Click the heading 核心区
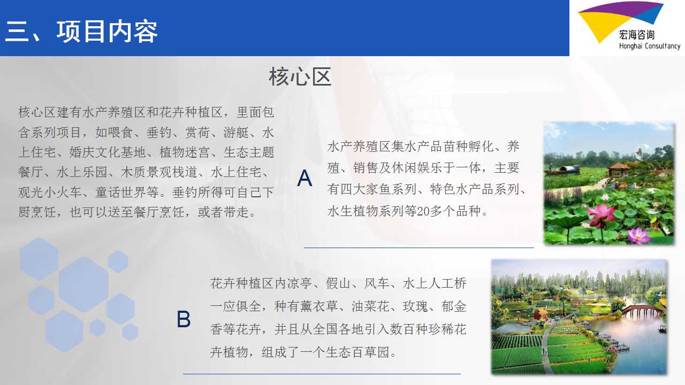300,76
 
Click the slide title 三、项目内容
81,31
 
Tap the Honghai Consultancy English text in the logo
650,46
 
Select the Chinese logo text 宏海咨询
637,35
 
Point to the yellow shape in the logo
601,25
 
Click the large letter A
305,178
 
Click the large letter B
184,319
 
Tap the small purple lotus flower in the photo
639,235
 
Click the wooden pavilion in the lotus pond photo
618,170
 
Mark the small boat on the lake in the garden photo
662,329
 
